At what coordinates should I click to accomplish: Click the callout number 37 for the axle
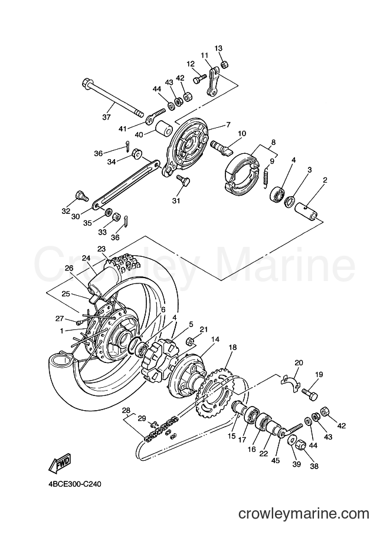pyautogui.click(x=107, y=117)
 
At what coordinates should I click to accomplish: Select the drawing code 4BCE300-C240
pyautogui.click(x=74, y=484)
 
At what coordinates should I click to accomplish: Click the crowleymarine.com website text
pyautogui.click(x=304, y=514)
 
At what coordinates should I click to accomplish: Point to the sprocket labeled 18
pyautogui.click(x=215, y=393)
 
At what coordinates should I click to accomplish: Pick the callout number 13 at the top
pyautogui.click(x=218, y=48)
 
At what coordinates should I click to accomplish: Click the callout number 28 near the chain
pyautogui.click(x=126, y=410)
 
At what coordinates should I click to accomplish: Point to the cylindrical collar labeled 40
pyautogui.click(x=164, y=129)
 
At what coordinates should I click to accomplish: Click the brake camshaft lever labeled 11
pyautogui.click(x=212, y=82)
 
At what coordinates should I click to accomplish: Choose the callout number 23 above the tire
pyautogui.click(x=101, y=249)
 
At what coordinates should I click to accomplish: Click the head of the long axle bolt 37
pyautogui.click(x=86, y=83)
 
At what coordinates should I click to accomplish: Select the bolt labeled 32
pyautogui.click(x=81, y=196)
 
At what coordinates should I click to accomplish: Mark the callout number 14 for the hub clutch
pyautogui.click(x=215, y=339)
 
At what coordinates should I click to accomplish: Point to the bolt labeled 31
pyautogui.click(x=182, y=180)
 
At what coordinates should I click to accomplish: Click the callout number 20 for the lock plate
pyautogui.click(x=299, y=362)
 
